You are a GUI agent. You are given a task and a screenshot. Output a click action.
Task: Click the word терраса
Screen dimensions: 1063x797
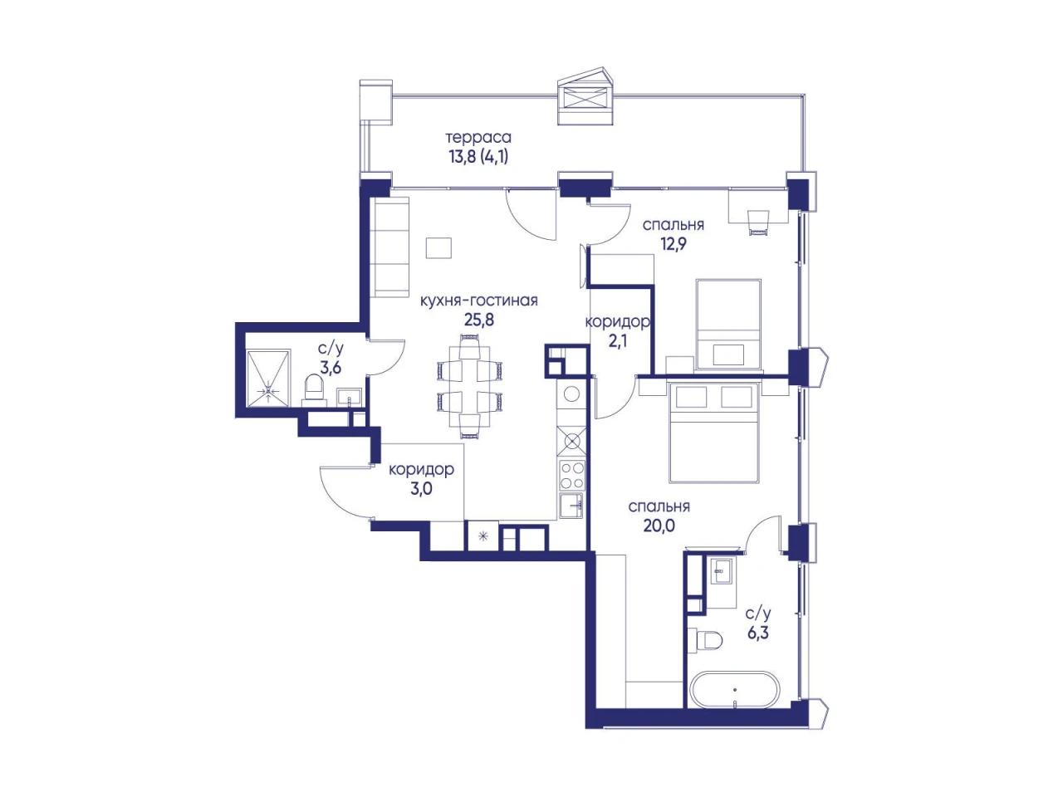(x=478, y=138)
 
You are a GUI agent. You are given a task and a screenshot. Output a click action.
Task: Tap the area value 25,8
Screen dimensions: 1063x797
(x=479, y=320)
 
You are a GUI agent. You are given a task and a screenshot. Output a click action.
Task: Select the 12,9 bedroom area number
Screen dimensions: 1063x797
(x=674, y=244)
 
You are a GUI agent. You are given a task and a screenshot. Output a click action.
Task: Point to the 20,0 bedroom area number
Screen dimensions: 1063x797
(x=659, y=525)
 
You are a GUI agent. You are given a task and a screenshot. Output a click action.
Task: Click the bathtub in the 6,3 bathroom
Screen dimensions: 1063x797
(x=735, y=690)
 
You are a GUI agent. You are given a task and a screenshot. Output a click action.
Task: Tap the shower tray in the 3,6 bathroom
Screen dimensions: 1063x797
(x=268, y=378)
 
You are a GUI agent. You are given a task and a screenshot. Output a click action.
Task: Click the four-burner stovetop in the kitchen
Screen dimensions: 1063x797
(x=572, y=476)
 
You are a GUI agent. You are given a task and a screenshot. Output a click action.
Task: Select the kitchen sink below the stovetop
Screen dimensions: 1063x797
(x=572, y=506)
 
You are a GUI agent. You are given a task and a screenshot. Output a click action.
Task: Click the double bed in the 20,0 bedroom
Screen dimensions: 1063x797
(x=714, y=432)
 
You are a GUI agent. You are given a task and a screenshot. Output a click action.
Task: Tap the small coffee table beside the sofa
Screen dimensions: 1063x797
(x=438, y=247)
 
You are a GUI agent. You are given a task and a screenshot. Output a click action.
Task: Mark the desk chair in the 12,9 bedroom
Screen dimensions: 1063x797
(x=759, y=222)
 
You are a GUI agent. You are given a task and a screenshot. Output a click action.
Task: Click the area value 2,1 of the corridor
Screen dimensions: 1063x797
(x=618, y=341)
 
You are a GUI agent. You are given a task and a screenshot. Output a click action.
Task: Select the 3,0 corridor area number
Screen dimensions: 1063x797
(x=421, y=489)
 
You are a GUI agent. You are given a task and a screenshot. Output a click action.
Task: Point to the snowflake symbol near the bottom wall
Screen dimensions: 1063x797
(x=483, y=535)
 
